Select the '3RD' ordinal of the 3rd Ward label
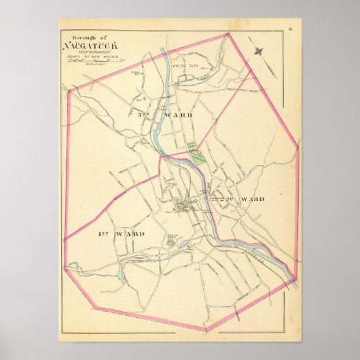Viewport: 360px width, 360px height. [x=142, y=115]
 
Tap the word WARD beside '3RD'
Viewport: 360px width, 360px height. [x=178, y=115]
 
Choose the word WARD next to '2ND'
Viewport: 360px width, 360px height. [x=253, y=200]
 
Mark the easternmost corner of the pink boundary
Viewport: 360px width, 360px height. [x=299, y=147]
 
